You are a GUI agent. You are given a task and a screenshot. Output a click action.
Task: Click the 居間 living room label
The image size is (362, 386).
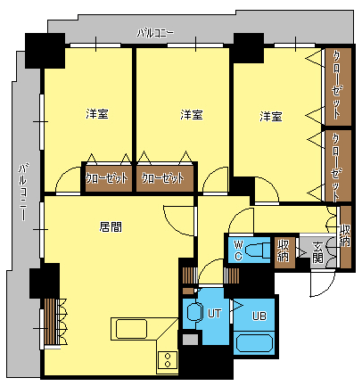click(x=111, y=227)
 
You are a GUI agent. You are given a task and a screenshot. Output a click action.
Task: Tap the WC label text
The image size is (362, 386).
click(x=238, y=250)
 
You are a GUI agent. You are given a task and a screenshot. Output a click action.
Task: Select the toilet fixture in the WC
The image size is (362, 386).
click(x=258, y=250)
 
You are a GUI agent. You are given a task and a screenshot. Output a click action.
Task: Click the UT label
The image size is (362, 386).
click(x=214, y=313)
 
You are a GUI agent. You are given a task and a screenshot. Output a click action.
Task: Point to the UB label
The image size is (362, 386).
click(x=259, y=316)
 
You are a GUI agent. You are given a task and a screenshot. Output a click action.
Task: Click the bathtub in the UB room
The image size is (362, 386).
click(x=254, y=343)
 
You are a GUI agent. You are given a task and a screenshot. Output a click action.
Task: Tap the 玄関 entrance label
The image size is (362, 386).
click(x=317, y=253)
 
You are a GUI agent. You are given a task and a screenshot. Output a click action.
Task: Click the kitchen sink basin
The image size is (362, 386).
click(x=131, y=329)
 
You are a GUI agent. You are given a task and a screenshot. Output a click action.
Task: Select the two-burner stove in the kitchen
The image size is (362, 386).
click(x=168, y=360)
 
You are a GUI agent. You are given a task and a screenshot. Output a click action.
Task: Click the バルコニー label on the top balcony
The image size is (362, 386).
click(x=155, y=33)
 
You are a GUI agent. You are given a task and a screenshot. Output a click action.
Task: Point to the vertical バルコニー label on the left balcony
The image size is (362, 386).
click(x=23, y=192)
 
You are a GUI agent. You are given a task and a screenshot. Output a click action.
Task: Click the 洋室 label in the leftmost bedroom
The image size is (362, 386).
click(x=97, y=114)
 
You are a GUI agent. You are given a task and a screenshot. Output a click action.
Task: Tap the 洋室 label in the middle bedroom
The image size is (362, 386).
click(x=192, y=114)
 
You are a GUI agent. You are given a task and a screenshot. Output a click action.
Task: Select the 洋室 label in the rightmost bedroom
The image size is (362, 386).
click(x=271, y=116)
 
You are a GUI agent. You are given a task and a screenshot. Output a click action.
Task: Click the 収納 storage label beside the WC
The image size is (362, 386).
click(x=284, y=250)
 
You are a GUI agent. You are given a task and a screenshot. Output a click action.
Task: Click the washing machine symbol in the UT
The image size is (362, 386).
click(x=194, y=312)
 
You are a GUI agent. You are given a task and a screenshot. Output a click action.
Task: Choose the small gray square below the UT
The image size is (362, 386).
click(x=190, y=340)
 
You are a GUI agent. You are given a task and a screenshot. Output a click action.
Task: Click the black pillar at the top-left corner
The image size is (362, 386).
click(x=45, y=51)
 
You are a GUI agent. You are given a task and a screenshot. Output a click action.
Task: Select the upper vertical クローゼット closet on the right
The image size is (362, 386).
click(x=338, y=86)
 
